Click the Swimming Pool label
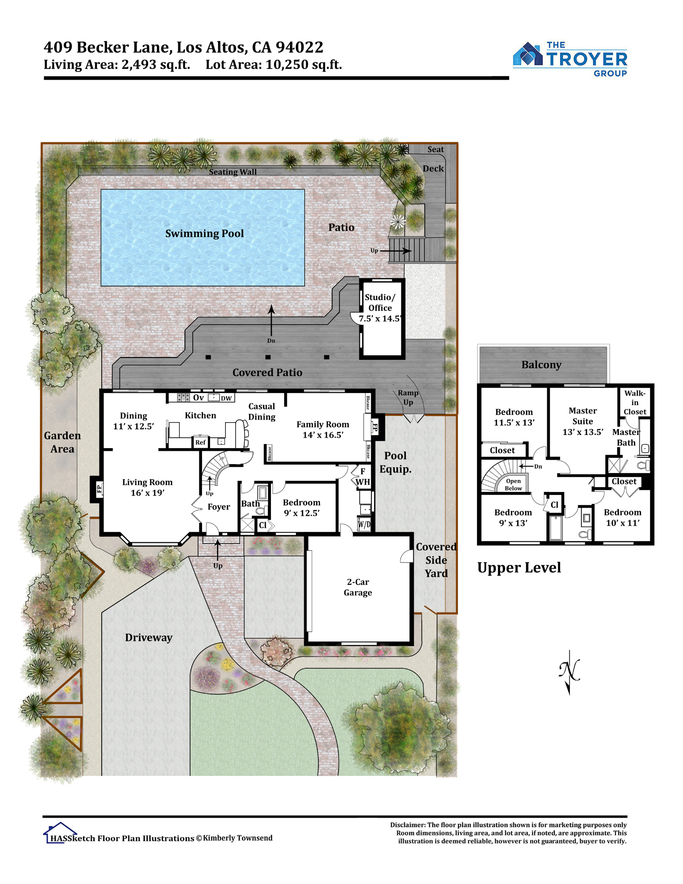(204, 233)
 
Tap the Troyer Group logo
(570, 59)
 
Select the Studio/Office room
(382, 318)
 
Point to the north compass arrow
(569, 672)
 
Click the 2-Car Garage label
(358, 587)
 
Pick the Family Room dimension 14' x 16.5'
(323, 435)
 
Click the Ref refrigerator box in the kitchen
(200, 442)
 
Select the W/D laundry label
(364, 525)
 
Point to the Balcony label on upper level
(541, 365)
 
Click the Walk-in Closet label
(635, 402)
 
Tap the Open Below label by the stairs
(513, 484)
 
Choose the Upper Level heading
(519, 568)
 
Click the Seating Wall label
(233, 172)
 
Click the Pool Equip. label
(395, 462)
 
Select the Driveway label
(149, 637)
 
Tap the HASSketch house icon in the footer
(60, 833)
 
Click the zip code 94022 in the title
(299, 47)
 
